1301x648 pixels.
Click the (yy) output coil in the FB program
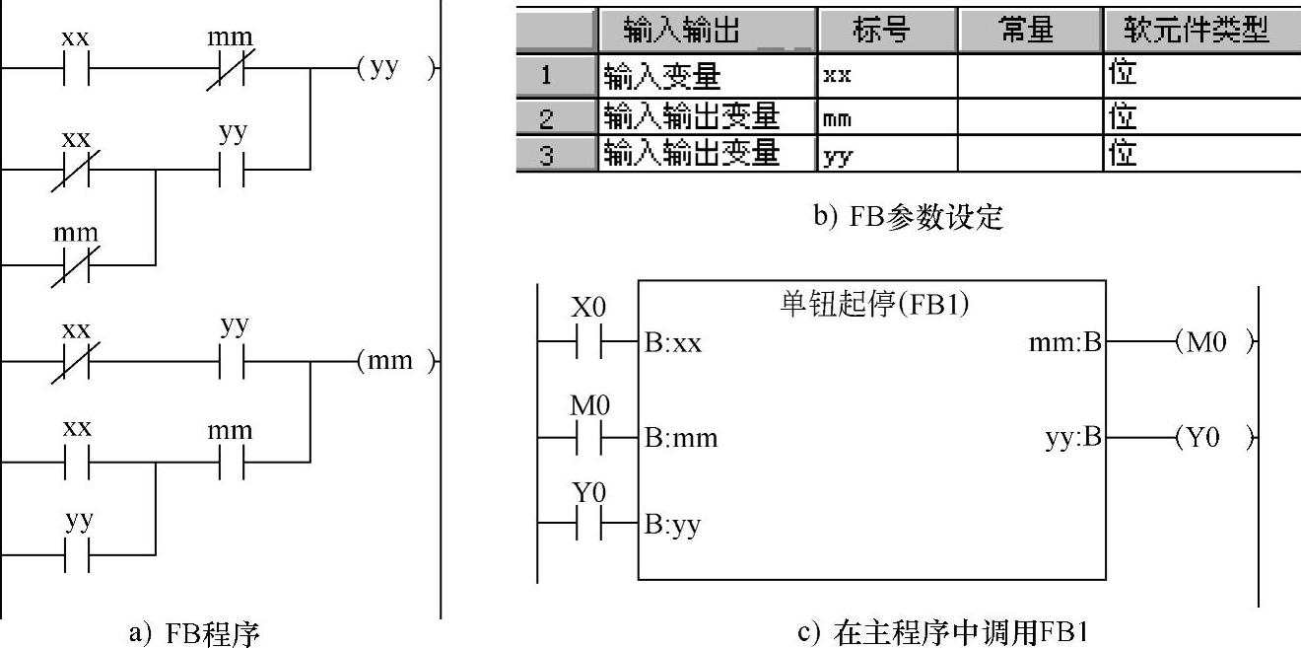[393, 70]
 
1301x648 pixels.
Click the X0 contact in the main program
[588, 342]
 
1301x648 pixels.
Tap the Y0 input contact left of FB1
[588, 524]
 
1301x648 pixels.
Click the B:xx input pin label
[673, 344]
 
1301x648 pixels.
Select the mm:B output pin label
[1064, 343]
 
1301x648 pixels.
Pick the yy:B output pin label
[1072, 438]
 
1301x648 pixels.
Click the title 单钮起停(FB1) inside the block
[873, 305]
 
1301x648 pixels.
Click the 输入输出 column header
[707, 31]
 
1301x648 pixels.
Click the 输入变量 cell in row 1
[662, 76]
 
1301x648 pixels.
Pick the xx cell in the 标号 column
[838, 77]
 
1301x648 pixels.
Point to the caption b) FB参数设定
[907, 216]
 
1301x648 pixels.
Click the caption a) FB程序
[194, 632]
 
